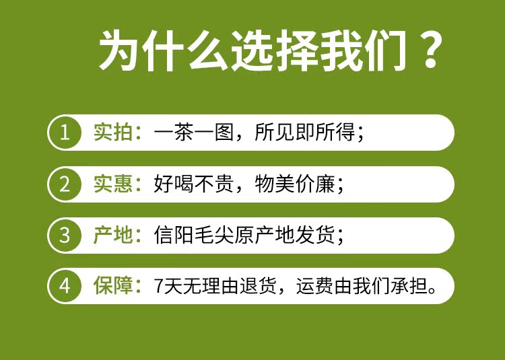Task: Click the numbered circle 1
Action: pos(65,133)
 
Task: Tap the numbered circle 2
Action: pos(65,184)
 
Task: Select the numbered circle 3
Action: pos(65,235)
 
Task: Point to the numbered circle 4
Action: pos(65,286)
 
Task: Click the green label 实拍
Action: pos(113,133)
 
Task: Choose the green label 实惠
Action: pos(113,184)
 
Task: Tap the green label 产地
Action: pos(113,235)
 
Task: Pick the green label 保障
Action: pos(113,286)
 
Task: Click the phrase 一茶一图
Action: pos(193,133)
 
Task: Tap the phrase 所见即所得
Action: pos(304,133)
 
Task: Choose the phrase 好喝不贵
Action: pos(193,184)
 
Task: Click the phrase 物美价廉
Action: pos(295,184)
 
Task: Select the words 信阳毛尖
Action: pos(193,235)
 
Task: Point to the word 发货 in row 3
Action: pos(314,235)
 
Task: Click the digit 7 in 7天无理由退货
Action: pos(158,286)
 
